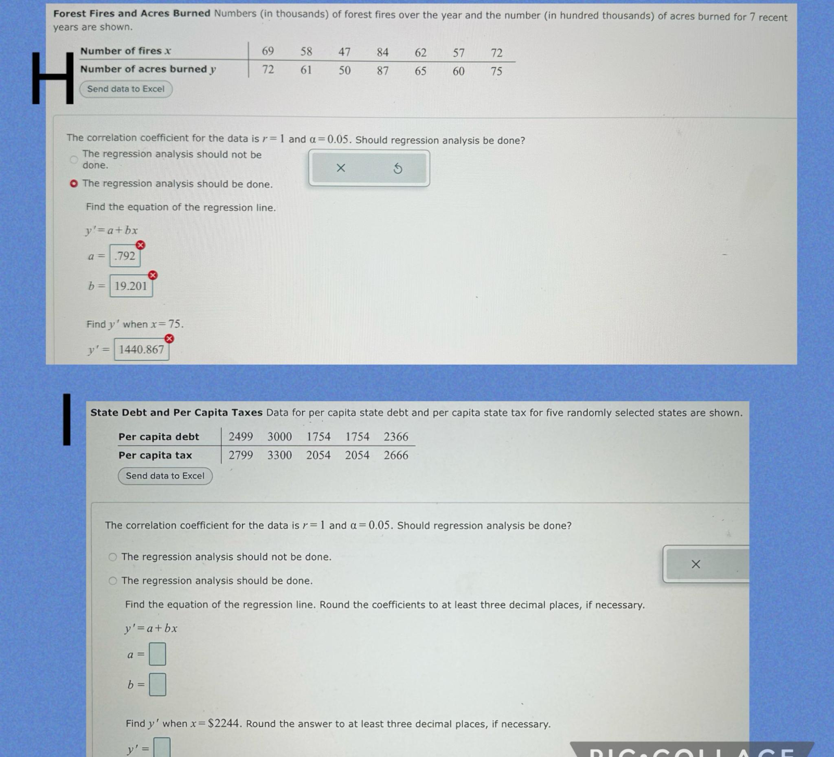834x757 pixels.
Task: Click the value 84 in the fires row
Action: point(382,52)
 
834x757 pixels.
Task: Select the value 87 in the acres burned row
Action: point(382,71)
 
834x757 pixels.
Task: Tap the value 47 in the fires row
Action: point(344,52)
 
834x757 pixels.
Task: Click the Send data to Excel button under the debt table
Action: point(165,476)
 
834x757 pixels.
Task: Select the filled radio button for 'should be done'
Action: point(74,183)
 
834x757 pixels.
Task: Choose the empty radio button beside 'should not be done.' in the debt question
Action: point(112,557)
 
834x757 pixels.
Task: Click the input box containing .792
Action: point(125,256)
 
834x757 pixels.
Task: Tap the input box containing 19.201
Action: point(131,286)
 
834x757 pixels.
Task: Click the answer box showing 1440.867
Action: point(141,349)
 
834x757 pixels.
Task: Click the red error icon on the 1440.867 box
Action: point(169,338)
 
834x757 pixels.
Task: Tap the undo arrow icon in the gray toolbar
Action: point(397,168)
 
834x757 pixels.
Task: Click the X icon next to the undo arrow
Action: point(340,168)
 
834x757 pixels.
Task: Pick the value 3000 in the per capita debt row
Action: point(279,437)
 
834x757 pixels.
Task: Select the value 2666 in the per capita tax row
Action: point(396,455)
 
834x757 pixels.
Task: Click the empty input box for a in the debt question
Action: point(157,654)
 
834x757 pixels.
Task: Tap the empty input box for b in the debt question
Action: point(157,684)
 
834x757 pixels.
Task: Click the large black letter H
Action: point(53,78)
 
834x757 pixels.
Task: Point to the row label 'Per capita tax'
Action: point(155,455)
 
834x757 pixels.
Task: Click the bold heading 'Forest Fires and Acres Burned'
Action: point(132,13)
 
